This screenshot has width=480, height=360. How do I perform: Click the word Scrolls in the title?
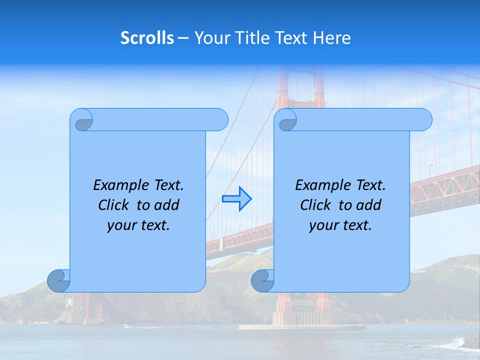[x=147, y=38]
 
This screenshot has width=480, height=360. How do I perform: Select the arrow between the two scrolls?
[x=236, y=199]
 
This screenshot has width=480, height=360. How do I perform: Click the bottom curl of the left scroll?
[x=58, y=280]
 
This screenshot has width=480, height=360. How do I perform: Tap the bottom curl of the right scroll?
[x=262, y=280]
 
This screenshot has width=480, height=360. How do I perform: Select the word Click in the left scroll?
[x=113, y=205]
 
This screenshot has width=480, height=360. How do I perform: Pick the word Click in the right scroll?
[x=315, y=205]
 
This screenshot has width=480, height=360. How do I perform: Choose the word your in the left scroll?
[x=120, y=225]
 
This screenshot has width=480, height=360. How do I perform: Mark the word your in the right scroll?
[x=322, y=225]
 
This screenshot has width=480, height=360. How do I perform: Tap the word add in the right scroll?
[x=368, y=205]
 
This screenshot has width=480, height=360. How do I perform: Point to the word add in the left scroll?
[x=166, y=205]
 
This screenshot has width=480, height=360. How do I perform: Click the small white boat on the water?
[x=126, y=326]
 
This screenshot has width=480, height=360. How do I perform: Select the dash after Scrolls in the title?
[x=183, y=38]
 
